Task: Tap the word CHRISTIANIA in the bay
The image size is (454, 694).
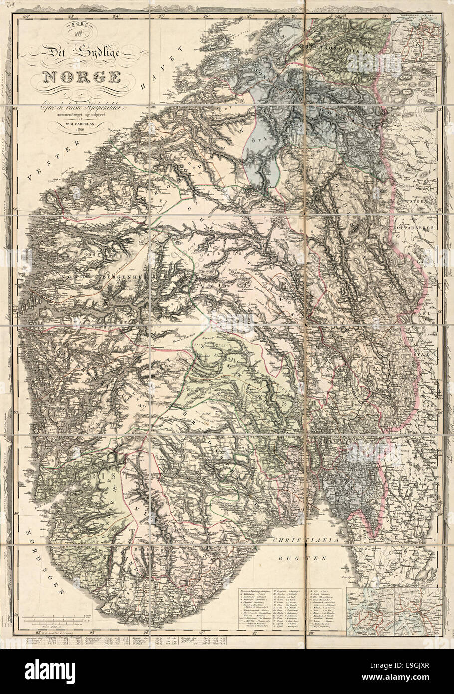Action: click(x=306, y=540)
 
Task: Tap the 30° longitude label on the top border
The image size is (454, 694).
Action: click(x=386, y=16)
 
